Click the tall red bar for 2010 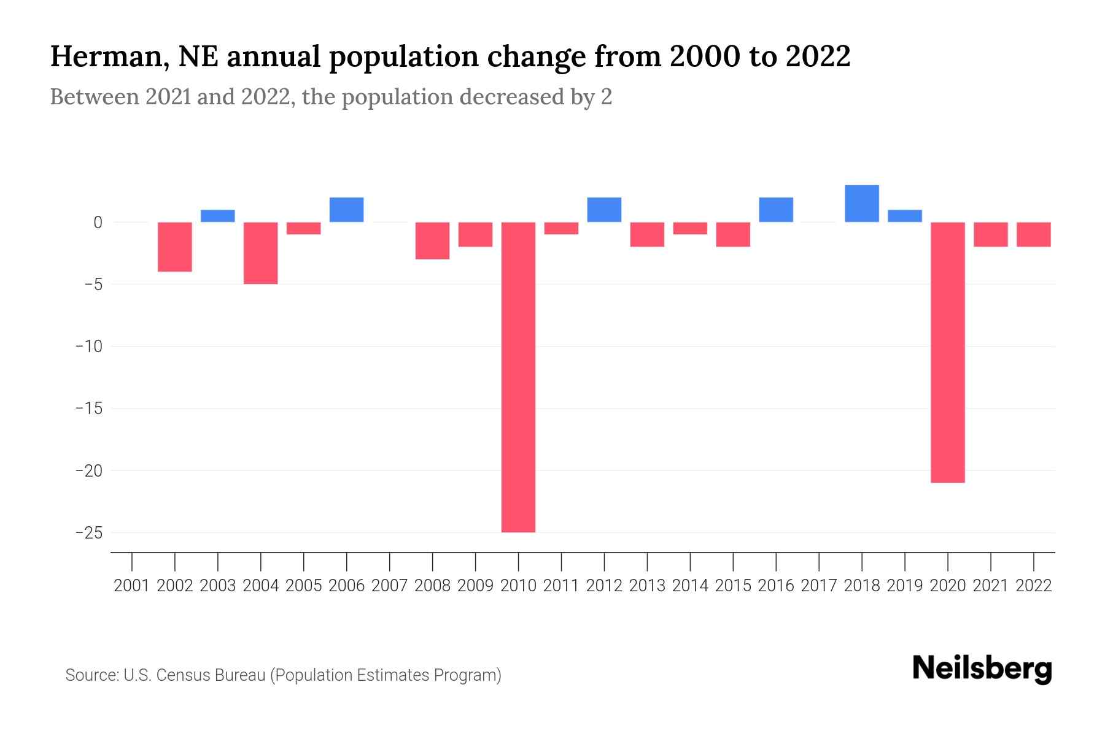pyautogui.click(x=518, y=377)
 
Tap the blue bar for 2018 pyautogui.click(x=861, y=204)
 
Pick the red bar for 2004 pyautogui.click(x=261, y=253)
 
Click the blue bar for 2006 pyautogui.click(x=346, y=210)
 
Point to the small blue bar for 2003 pyautogui.click(x=218, y=216)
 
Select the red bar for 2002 pyautogui.click(x=175, y=247)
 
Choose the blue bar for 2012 pyautogui.click(x=604, y=210)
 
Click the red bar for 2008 pyautogui.click(x=432, y=240)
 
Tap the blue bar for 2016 pyautogui.click(x=776, y=210)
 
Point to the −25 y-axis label pyautogui.click(x=88, y=532)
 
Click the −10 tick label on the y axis pyautogui.click(x=88, y=347)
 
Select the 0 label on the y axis pyautogui.click(x=98, y=223)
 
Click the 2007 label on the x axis pyautogui.click(x=389, y=586)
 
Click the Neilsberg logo pyautogui.click(x=982, y=669)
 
